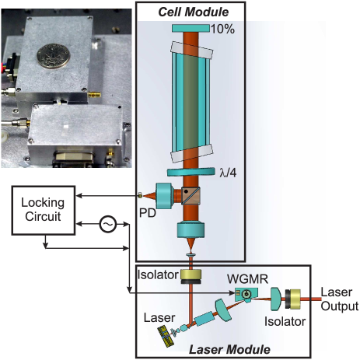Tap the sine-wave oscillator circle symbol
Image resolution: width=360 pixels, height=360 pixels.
[108, 224]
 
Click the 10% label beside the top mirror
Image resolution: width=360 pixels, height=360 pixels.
[222, 29]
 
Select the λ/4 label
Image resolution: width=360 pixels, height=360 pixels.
[228, 173]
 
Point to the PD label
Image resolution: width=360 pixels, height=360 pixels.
[148, 213]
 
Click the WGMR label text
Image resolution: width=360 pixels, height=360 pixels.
[247, 279]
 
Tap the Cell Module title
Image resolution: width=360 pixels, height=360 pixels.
[194, 12]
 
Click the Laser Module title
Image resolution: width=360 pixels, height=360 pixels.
[229, 349]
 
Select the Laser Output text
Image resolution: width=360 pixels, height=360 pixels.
[340, 299]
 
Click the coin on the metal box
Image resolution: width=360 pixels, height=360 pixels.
[54, 56]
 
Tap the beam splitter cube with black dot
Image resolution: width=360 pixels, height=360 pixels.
[190, 196]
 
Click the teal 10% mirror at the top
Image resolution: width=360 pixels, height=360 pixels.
[190, 28]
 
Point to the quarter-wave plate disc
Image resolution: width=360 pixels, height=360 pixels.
[191, 172]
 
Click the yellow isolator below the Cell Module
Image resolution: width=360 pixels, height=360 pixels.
[191, 276]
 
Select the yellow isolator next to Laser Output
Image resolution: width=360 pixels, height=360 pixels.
[293, 299]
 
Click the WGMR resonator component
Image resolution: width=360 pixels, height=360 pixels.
[246, 295]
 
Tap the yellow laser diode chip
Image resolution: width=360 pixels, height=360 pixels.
[166, 337]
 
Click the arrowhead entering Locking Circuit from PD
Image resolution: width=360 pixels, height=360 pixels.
[79, 196]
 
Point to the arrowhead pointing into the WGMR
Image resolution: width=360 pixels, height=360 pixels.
[232, 293]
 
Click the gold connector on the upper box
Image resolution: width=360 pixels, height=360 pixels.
[94, 95]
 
